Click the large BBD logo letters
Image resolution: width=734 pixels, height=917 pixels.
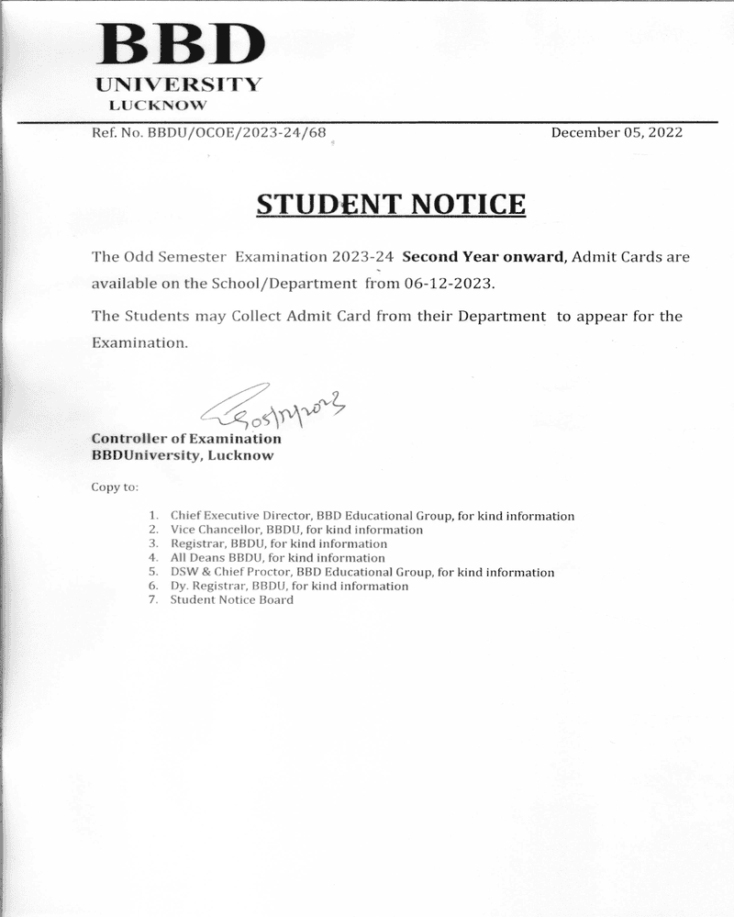(181, 43)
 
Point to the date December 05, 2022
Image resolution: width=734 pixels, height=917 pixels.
(617, 132)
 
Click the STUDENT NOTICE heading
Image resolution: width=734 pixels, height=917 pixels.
(391, 204)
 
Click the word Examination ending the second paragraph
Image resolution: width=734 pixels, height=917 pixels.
(139, 343)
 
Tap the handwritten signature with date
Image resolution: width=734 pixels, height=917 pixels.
(275, 408)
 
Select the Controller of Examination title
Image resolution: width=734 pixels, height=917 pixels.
(186, 439)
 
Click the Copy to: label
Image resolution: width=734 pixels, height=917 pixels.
(115, 486)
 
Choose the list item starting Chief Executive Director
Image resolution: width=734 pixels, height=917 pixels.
(372, 516)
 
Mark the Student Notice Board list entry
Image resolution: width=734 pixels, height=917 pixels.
(231, 599)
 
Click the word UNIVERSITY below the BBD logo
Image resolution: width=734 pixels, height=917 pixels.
(179, 84)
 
